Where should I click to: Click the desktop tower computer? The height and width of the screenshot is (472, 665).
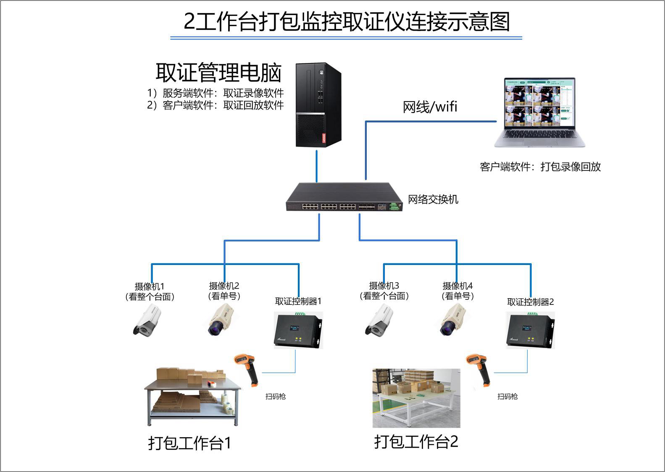pos(318,105)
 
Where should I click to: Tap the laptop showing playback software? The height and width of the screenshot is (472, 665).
pos(539,112)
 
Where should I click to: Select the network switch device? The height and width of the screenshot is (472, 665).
pos(344,197)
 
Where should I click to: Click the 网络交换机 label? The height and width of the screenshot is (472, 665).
pos(433,199)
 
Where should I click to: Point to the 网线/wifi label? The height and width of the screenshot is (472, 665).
pos(429,107)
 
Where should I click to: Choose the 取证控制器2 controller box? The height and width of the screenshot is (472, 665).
pos(531,330)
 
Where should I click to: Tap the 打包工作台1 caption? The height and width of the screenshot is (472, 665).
pos(189,443)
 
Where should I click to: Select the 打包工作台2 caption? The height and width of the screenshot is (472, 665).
pos(416,442)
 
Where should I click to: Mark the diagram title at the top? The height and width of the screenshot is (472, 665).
pos(347,22)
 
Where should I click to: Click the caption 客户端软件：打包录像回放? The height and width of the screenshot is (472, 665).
pos(540,167)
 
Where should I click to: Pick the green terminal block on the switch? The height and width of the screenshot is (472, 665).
pos(394,206)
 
